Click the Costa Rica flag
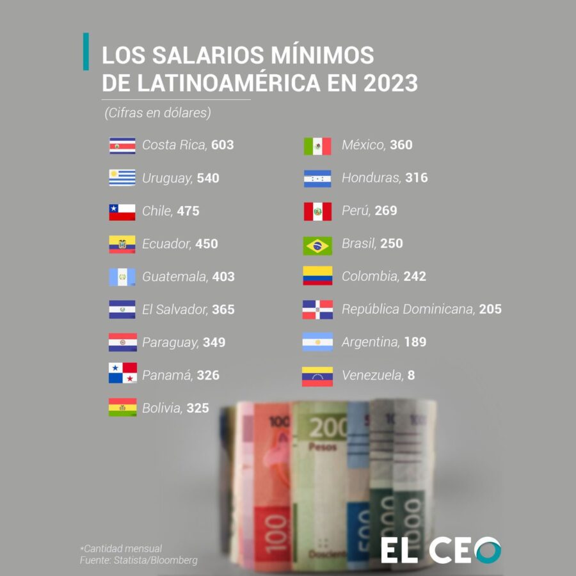[x=122, y=145]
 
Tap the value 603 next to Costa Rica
[x=222, y=145]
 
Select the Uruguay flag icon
[x=122, y=178]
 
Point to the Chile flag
[x=122, y=211]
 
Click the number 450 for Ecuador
[x=206, y=244]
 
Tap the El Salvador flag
[x=122, y=310]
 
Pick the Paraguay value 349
[x=214, y=342]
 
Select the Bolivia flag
[x=122, y=408]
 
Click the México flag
[x=317, y=146]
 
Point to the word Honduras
[x=371, y=178]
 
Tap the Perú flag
[x=317, y=211]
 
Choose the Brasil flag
[x=317, y=244]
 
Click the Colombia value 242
[x=415, y=276]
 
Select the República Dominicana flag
[x=317, y=310]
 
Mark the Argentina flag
[x=317, y=342]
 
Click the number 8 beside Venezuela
[x=411, y=375]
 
